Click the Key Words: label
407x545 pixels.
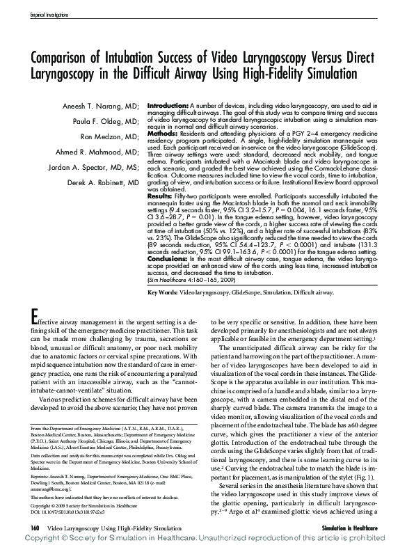[x=163, y=294]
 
